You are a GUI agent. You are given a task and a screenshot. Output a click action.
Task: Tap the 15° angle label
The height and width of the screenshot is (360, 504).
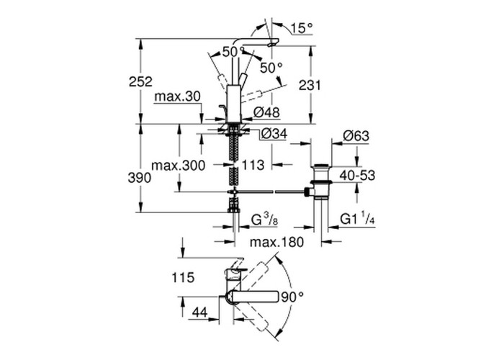[x=302, y=29]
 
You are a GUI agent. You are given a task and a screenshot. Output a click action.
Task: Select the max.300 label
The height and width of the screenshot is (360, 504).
[x=179, y=165]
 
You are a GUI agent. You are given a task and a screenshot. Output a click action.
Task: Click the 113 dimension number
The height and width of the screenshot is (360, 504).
[x=253, y=165]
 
